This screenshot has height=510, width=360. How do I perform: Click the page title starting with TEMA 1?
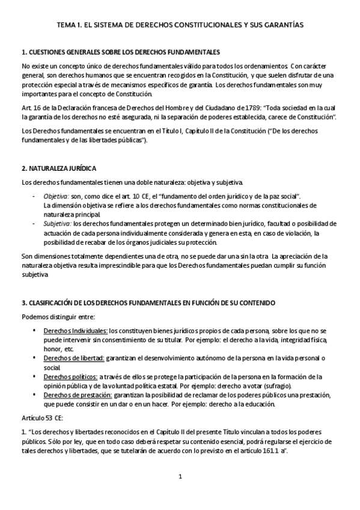click(x=180, y=25)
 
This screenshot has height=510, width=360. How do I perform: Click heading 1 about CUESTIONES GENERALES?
click(x=120, y=52)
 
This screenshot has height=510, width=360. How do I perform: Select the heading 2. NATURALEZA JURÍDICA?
click(x=59, y=168)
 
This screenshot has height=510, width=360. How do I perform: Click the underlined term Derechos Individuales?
click(x=75, y=331)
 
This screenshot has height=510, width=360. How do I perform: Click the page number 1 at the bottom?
click(x=180, y=478)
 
